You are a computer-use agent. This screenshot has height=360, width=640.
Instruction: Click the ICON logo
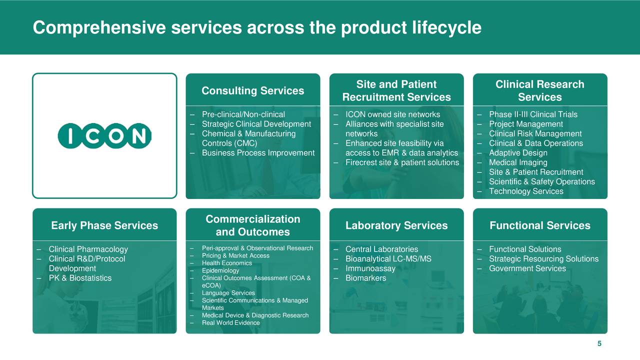tap(104, 135)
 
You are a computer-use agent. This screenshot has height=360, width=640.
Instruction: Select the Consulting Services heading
tap(252, 90)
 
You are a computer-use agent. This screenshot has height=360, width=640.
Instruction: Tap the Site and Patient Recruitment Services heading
tap(396, 90)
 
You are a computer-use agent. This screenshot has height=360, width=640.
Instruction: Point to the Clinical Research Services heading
tap(539, 90)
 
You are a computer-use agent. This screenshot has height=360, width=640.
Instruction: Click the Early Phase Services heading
tap(104, 225)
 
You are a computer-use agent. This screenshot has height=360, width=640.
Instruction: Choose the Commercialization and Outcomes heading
tap(252, 225)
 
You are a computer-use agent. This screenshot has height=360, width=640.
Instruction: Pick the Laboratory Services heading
tap(396, 225)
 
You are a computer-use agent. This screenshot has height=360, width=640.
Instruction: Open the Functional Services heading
tap(539, 225)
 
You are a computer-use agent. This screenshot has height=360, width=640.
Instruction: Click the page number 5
tap(599, 343)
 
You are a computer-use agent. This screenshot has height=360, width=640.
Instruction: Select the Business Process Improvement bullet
tap(258, 153)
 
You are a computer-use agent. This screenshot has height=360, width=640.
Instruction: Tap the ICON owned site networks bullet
tap(392, 114)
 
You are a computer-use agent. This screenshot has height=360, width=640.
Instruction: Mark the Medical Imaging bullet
tap(518, 162)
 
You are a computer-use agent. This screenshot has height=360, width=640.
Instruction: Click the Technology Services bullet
tap(526, 191)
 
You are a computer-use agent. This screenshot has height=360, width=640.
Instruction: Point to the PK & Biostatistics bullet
tap(80, 278)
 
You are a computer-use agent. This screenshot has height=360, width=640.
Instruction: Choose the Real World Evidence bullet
tap(230, 323)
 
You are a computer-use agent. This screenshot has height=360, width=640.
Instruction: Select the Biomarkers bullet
tap(365, 278)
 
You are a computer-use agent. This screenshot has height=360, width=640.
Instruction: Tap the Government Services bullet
tap(527, 268)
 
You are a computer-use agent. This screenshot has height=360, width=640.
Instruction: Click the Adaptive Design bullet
tap(518, 153)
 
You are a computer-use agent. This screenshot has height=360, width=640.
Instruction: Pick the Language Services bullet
tap(228, 293)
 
